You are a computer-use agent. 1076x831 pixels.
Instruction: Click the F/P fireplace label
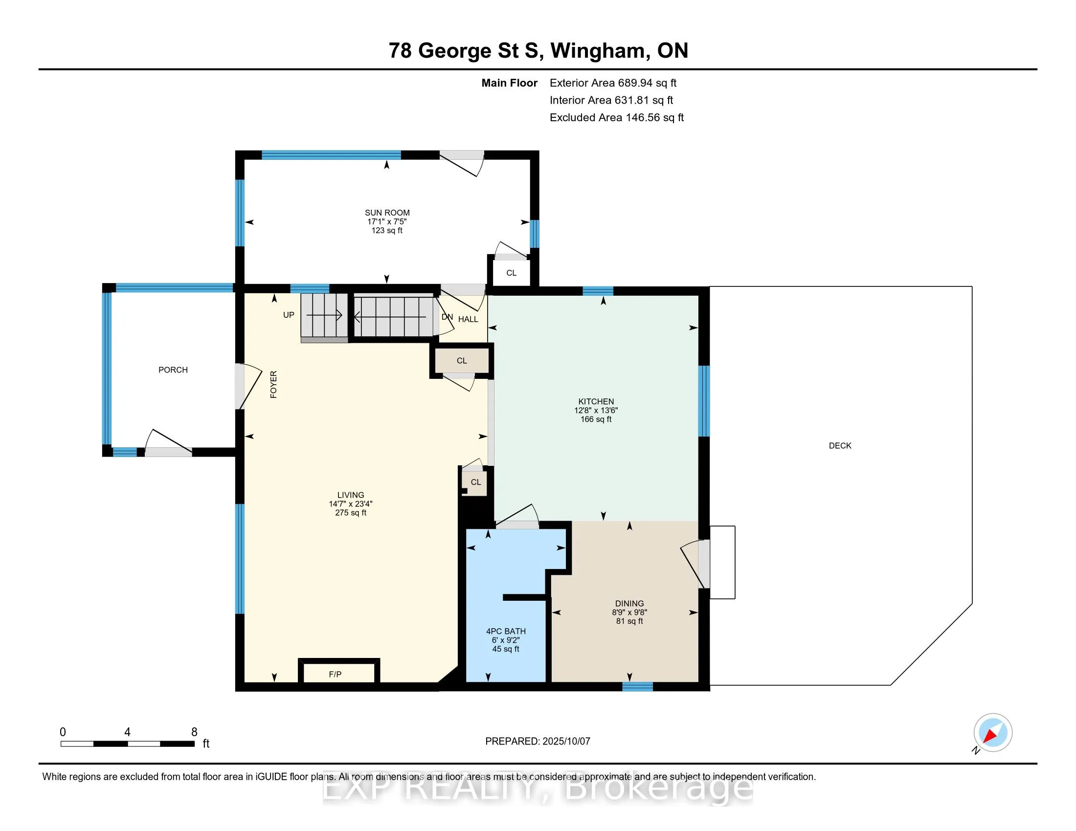335,674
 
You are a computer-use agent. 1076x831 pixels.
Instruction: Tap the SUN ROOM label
387,213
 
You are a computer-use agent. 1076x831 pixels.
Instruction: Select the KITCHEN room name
596,401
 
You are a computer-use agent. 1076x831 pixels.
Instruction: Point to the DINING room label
629,603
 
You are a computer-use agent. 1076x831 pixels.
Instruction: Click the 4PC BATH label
506,631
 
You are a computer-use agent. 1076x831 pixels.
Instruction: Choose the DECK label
840,445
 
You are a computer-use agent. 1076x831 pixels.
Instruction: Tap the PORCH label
173,370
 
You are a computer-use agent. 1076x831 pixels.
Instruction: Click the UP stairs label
289,315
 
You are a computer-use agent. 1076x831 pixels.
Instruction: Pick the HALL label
468,319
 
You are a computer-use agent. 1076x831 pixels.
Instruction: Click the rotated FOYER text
273,385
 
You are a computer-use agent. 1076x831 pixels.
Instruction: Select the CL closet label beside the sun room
512,273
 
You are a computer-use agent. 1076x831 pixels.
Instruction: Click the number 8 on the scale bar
194,732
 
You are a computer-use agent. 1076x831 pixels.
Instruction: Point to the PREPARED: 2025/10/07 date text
538,742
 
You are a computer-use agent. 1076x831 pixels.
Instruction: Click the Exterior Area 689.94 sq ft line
613,83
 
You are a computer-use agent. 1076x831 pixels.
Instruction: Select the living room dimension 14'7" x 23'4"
351,503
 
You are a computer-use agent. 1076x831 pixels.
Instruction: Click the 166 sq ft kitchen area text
596,419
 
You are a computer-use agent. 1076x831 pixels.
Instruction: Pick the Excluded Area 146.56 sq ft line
617,118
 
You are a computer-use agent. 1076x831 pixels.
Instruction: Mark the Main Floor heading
510,83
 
